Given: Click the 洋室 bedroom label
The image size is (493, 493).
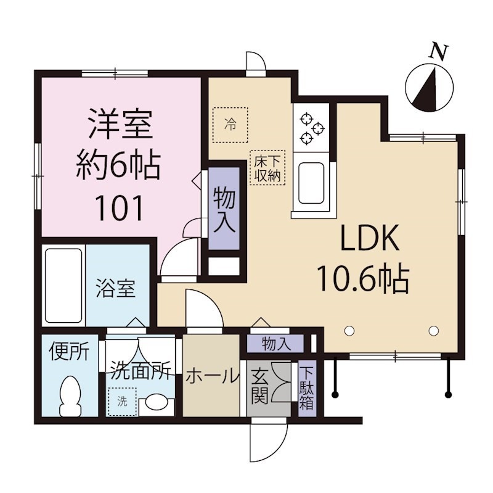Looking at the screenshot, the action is [x=121, y=124].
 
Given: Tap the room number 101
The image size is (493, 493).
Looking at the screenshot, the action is [x=121, y=208].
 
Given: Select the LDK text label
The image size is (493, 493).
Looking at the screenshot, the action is [x=371, y=238].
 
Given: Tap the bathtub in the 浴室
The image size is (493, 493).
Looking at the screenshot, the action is [x=64, y=286].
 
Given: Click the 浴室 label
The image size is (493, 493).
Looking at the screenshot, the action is [x=115, y=288].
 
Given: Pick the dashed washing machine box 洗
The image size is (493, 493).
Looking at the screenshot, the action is [x=122, y=402].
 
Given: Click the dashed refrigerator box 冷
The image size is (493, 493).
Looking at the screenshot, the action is [x=230, y=125].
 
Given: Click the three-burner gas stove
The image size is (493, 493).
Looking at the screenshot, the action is [x=311, y=127].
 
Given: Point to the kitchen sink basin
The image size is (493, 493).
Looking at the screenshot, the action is [x=311, y=183].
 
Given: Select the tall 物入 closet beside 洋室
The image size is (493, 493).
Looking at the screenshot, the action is [x=224, y=208].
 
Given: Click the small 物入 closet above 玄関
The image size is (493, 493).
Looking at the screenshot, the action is [x=275, y=344].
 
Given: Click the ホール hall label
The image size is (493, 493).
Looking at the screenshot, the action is [x=211, y=376].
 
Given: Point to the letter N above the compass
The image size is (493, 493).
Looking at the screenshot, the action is [x=438, y=52].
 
